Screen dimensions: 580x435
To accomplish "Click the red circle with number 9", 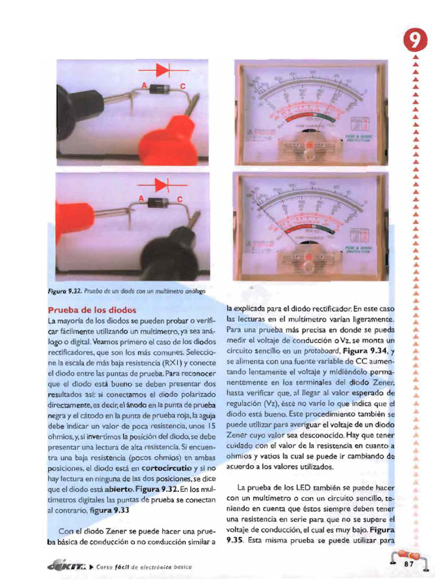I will pos(415,41).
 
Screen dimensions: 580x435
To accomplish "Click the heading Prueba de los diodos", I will pos(92,310).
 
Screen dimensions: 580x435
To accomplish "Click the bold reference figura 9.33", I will pos(113,510).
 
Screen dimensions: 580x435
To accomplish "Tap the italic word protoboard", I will pos(312,351).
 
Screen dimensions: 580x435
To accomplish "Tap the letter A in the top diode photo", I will pos(144,86).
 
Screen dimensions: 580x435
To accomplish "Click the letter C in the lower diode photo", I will pos(180,199).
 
